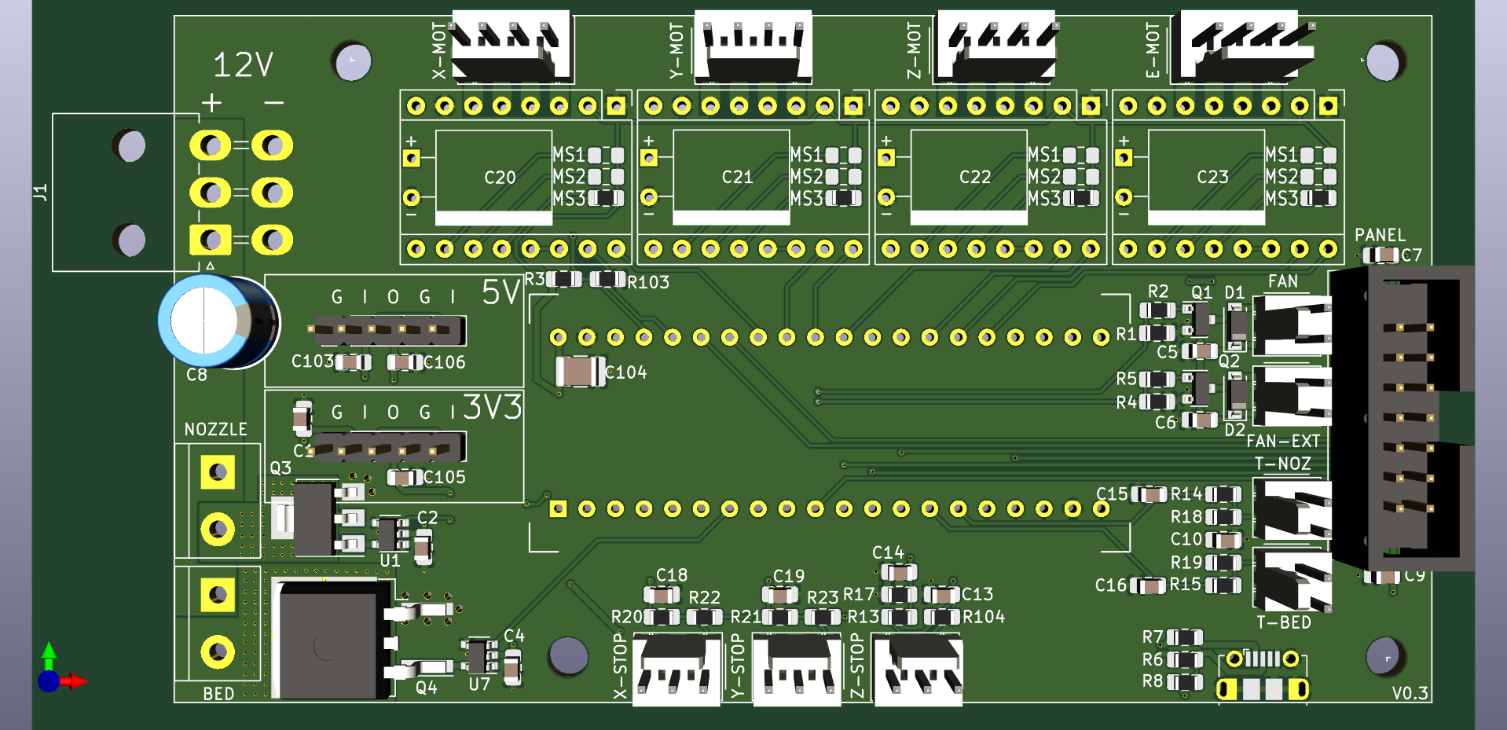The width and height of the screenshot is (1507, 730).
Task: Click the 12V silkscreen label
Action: (x=243, y=64)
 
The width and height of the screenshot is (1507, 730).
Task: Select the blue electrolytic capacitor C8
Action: (x=218, y=322)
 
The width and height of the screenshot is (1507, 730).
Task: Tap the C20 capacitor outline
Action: (x=493, y=178)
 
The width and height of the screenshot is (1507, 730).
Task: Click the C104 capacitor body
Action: (x=580, y=371)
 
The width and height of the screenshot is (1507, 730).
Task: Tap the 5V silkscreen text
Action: (x=500, y=292)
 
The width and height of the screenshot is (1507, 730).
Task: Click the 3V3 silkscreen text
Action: (x=492, y=407)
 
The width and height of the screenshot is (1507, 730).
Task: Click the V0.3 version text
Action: (x=1410, y=693)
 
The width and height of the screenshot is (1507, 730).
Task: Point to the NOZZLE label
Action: (x=215, y=429)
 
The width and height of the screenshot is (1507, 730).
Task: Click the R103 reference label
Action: (x=648, y=282)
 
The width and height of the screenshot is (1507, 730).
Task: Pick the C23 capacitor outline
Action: (x=1206, y=178)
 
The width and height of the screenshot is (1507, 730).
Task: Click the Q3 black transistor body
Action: (x=313, y=519)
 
